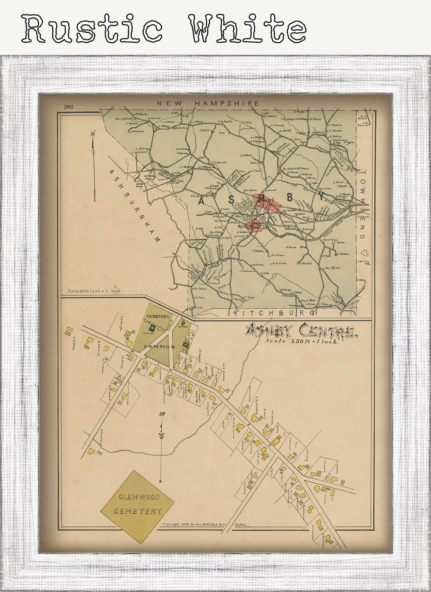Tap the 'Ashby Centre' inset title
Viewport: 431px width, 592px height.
(x=300, y=331)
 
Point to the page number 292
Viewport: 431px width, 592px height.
(x=69, y=107)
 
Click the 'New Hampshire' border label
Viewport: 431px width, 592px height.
(x=208, y=103)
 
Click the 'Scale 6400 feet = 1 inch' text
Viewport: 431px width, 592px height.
(x=94, y=291)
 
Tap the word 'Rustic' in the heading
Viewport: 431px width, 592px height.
(x=91, y=28)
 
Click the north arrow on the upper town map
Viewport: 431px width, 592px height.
(x=93, y=166)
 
